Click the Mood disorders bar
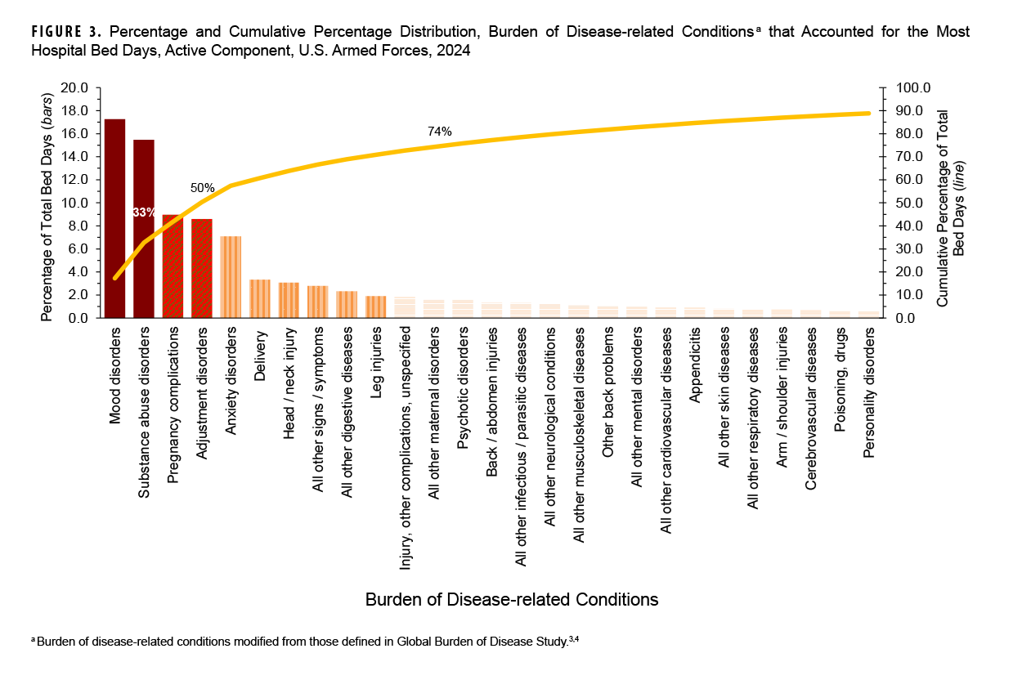[114, 219]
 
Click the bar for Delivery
[260, 298]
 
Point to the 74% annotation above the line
[439, 132]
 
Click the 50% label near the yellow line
[202, 187]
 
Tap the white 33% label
[144, 212]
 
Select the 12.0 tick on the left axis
[74, 180]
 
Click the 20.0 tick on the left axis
[74, 87]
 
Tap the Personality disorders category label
[869, 392]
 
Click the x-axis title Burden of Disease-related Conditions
[511, 600]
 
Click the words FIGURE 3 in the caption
[65, 33]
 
